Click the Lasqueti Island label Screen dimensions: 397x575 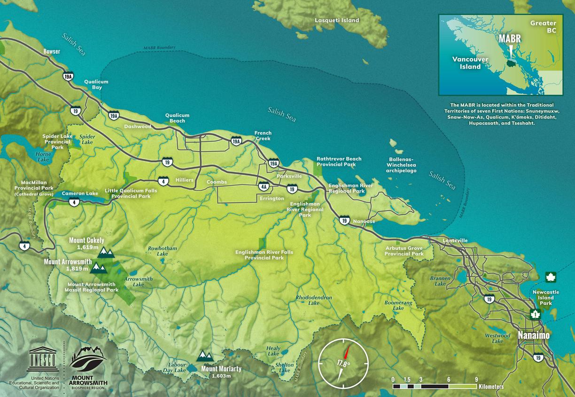337,20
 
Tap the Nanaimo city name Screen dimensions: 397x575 533,335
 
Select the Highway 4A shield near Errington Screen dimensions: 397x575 264,187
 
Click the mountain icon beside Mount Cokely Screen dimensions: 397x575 106,253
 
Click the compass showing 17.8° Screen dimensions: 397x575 343,362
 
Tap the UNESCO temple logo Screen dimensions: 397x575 43,361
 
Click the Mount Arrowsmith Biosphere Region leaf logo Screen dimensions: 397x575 88,359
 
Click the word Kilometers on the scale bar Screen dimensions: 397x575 491,387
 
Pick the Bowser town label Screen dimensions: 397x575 52,51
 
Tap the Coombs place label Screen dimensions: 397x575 217,182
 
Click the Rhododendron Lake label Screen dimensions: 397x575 314,300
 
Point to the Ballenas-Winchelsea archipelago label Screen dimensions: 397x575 401,165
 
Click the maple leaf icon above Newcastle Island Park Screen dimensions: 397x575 549,277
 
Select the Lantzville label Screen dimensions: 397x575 455,241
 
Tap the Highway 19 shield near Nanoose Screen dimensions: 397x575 344,220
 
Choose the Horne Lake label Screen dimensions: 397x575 43,157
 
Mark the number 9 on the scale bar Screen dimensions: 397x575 476,379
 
